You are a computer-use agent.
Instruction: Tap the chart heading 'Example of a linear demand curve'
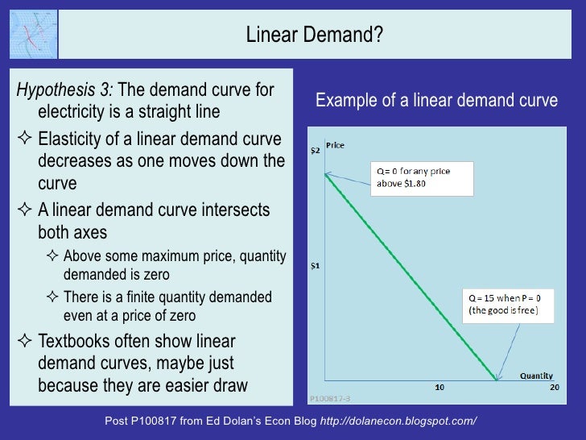tap(436, 101)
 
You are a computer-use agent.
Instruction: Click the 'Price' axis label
tap(335, 144)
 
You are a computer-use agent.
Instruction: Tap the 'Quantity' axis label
tap(535, 376)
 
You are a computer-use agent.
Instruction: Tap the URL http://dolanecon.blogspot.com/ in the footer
tap(398, 421)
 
